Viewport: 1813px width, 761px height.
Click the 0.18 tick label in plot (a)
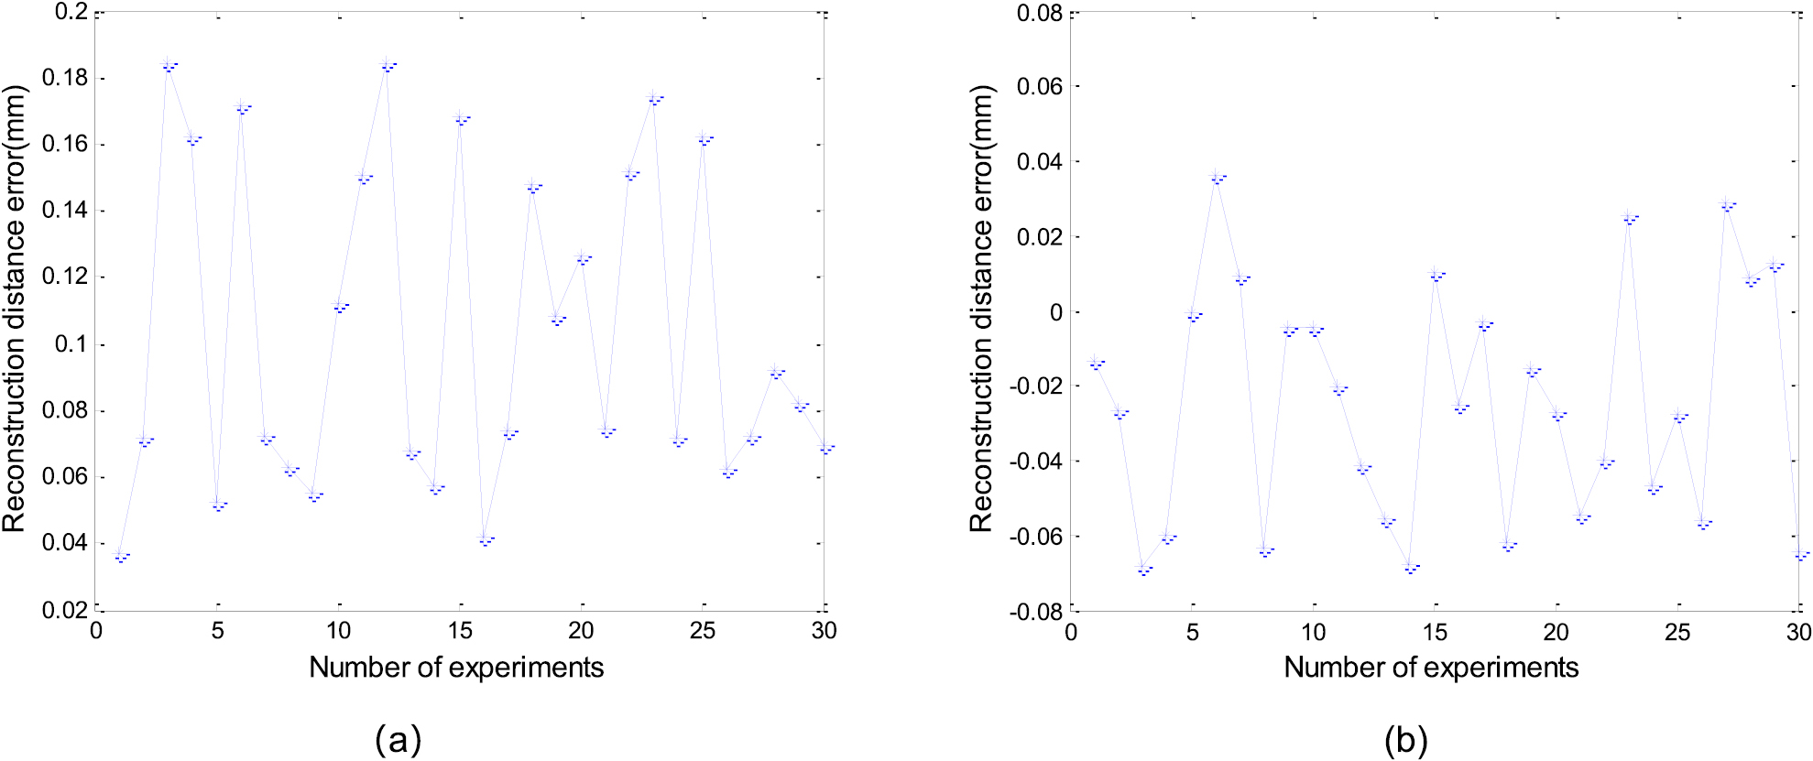click(66, 78)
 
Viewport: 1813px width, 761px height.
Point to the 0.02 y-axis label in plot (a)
click(66, 610)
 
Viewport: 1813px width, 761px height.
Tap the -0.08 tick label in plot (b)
click(1036, 612)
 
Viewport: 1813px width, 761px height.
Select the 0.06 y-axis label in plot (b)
click(1041, 86)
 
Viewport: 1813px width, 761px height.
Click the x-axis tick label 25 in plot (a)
click(703, 631)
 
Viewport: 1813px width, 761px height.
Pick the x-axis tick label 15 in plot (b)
click(1435, 632)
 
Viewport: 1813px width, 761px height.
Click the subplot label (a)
click(398, 739)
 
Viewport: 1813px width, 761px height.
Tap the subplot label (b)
click(1406, 739)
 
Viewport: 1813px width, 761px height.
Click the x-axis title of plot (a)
click(456, 668)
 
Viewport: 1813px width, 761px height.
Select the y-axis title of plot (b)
click(981, 309)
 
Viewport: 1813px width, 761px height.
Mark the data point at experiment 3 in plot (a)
click(169, 65)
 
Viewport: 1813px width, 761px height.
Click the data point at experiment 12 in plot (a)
click(388, 65)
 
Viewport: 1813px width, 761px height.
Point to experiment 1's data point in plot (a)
click(120, 555)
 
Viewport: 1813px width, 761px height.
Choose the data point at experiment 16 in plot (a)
click(485, 539)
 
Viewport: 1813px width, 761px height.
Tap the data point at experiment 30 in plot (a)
click(825, 448)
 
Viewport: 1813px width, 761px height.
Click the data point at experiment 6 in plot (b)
click(1217, 178)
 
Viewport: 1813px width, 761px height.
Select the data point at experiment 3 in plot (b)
click(1143, 569)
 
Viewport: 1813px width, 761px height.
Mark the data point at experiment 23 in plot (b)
click(1629, 218)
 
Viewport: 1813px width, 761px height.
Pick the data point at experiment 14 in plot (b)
click(1411, 568)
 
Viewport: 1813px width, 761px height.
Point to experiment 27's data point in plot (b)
click(1727, 205)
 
